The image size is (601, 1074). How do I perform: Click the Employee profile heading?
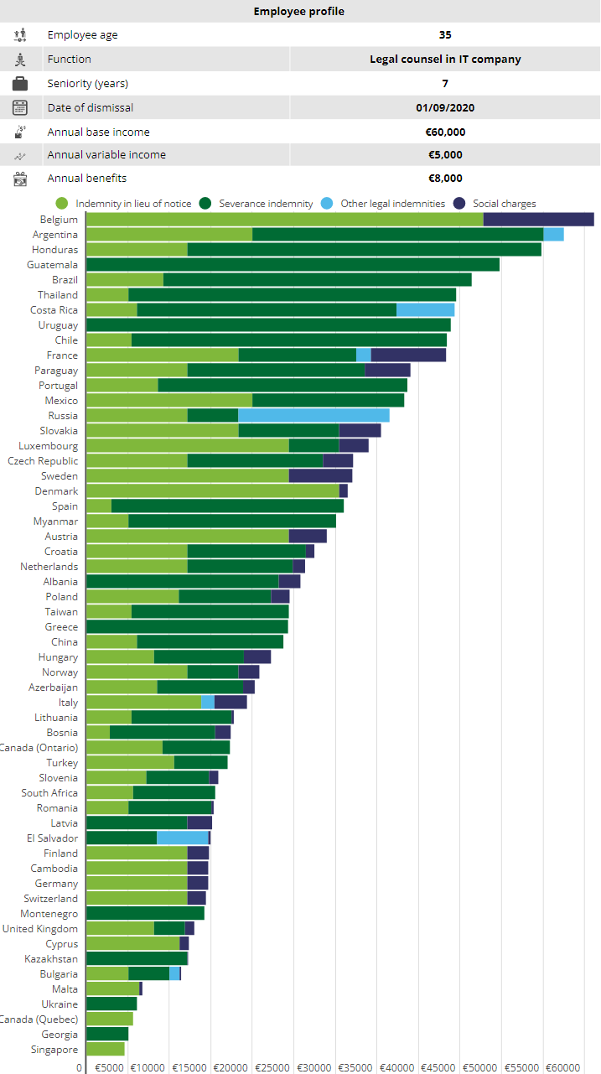point(299,12)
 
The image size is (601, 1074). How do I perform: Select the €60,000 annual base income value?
point(445,132)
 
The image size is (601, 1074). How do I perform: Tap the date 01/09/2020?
point(445,107)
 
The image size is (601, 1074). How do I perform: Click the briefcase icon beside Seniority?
point(20,84)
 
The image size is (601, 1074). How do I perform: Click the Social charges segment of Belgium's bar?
point(538,220)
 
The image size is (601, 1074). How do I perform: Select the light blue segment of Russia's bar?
point(313,416)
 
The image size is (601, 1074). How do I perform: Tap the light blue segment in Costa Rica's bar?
point(425,310)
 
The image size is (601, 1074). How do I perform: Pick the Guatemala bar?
point(293,265)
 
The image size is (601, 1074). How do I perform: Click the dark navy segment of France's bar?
point(408,355)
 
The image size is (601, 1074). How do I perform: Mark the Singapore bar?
point(106,1050)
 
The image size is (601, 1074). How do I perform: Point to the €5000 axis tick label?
point(110,1068)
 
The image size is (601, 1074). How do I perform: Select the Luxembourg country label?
point(49,446)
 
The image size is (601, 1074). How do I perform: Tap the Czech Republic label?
point(43,461)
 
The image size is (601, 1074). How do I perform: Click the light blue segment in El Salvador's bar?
point(183,838)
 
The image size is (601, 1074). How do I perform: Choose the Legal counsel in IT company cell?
point(445,60)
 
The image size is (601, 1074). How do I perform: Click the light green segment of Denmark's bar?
point(212,491)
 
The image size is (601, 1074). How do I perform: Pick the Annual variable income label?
point(106,155)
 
